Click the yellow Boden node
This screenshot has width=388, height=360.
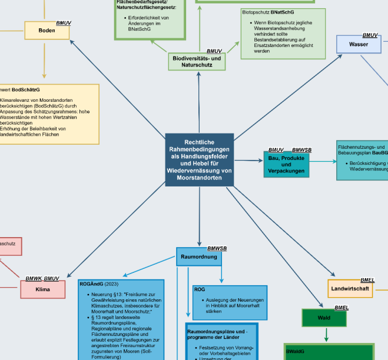click(47, 30)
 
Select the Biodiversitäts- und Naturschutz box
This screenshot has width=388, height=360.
click(197, 61)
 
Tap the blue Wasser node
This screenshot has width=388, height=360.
click(358, 45)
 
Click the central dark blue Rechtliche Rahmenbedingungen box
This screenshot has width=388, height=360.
click(199, 159)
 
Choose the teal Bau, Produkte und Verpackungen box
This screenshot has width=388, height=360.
click(286, 165)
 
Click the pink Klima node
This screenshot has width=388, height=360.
click(42, 289)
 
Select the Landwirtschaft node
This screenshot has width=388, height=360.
click(350, 288)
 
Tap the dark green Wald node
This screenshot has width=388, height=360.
click(324, 318)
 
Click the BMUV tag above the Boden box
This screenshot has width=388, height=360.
click(64, 22)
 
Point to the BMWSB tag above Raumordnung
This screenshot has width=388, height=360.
click(217, 249)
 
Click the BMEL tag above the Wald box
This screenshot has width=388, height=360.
click(342, 308)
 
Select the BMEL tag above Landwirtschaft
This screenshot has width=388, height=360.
click(367, 280)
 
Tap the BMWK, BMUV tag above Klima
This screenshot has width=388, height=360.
click(42, 278)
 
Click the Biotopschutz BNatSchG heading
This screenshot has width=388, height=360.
click(268, 12)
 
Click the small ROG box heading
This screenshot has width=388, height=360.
click(200, 289)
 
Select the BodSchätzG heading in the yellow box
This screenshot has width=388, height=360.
click(26, 89)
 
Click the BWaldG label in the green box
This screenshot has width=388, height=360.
click(295, 351)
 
